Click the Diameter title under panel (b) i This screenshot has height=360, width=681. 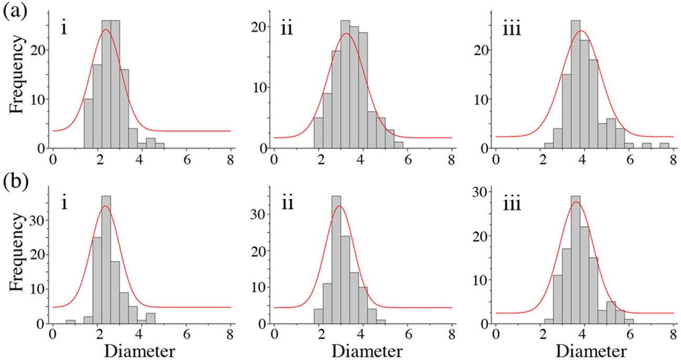click(141, 350)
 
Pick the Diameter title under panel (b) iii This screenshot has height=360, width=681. click(583, 350)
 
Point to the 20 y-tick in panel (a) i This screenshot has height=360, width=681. click(41, 50)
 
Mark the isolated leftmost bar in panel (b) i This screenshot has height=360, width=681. click(70, 322)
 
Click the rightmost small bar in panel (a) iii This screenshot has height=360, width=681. click(664, 146)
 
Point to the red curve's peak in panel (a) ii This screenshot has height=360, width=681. click(346, 34)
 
